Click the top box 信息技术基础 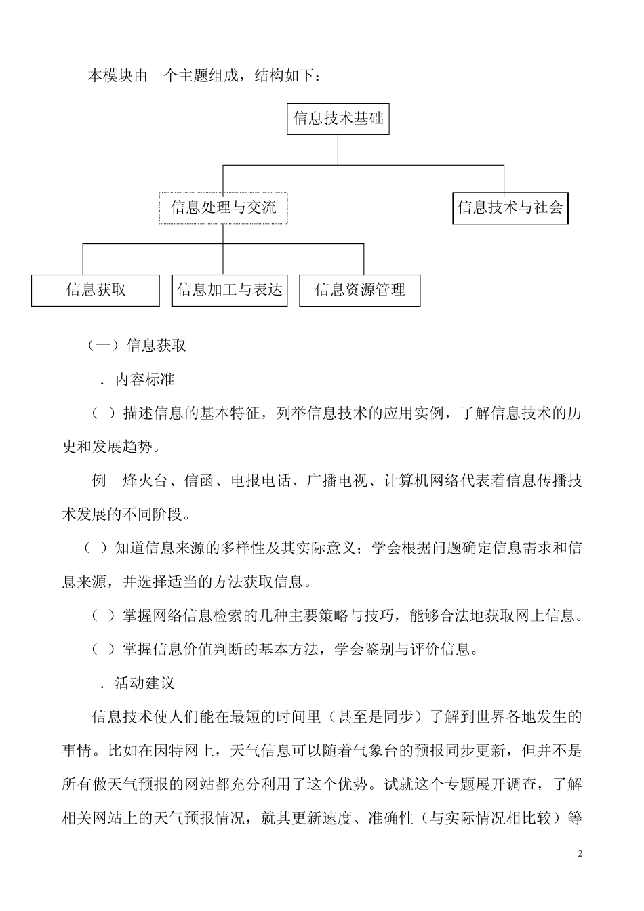pyautogui.click(x=338, y=119)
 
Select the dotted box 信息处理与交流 pyautogui.click(x=223, y=207)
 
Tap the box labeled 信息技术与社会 pyautogui.click(x=510, y=207)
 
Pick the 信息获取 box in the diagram pyautogui.click(x=96, y=290)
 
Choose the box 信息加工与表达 pyautogui.click(x=229, y=290)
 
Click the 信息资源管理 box pyautogui.click(x=360, y=290)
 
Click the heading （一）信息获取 pyautogui.click(x=138, y=346)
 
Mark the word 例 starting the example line pyautogui.click(x=100, y=481)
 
